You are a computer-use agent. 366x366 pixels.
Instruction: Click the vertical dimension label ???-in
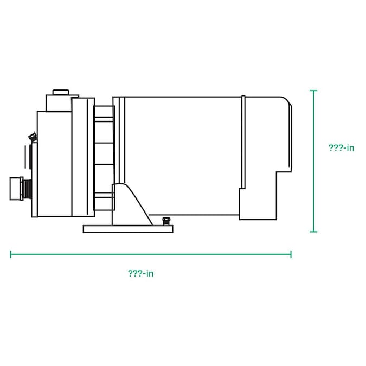pyautogui.click(x=341, y=147)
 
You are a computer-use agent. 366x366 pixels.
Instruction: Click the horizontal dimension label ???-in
pyautogui.click(x=141, y=273)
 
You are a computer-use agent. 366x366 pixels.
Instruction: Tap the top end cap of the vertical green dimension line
pyautogui.click(x=313, y=91)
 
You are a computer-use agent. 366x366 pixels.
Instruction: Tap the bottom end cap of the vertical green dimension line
pyautogui.click(x=313, y=232)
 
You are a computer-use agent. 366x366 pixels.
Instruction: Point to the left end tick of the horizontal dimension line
pyautogui.click(x=11, y=254)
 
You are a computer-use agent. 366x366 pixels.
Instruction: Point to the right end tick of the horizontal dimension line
pyautogui.click(x=291, y=254)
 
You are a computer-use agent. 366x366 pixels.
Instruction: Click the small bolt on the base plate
pyautogui.click(x=166, y=221)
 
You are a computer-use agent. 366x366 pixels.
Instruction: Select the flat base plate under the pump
pyautogui.click(x=128, y=229)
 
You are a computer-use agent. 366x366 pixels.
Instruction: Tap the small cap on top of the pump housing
pyautogui.click(x=61, y=92)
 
